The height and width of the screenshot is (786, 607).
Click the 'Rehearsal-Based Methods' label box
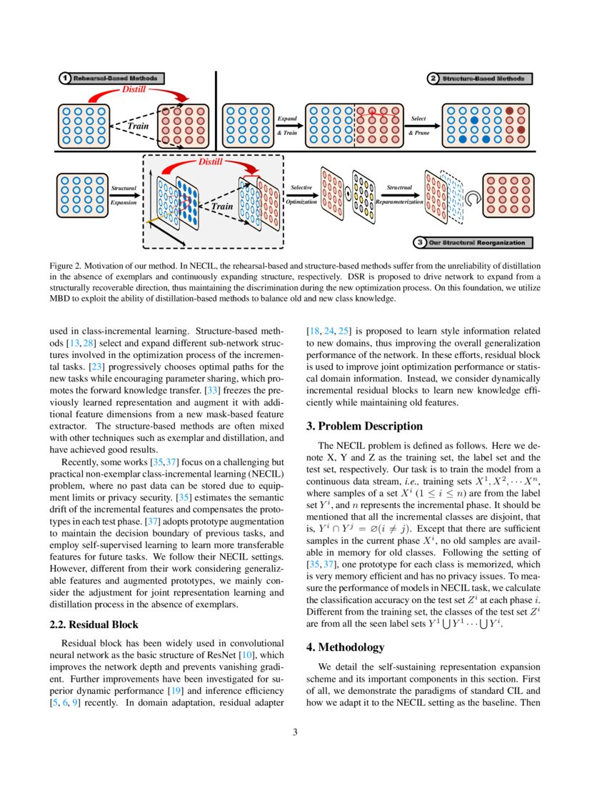click(x=119, y=78)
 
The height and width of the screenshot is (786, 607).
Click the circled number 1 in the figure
click(x=64, y=78)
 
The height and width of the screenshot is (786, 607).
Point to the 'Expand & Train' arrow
click(x=289, y=125)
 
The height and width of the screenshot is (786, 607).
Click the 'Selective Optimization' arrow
click(x=301, y=194)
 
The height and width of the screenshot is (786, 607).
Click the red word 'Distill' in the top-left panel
click(x=136, y=91)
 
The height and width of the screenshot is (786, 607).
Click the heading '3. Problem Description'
click(x=364, y=427)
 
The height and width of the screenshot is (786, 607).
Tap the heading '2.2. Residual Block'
click(x=94, y=625)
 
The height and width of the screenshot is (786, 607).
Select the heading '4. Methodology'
click(x=345, y=647)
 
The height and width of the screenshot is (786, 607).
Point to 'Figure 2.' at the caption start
click(x=68, y=264)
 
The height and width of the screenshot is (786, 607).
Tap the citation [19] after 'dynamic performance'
click(x=174, y=691)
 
